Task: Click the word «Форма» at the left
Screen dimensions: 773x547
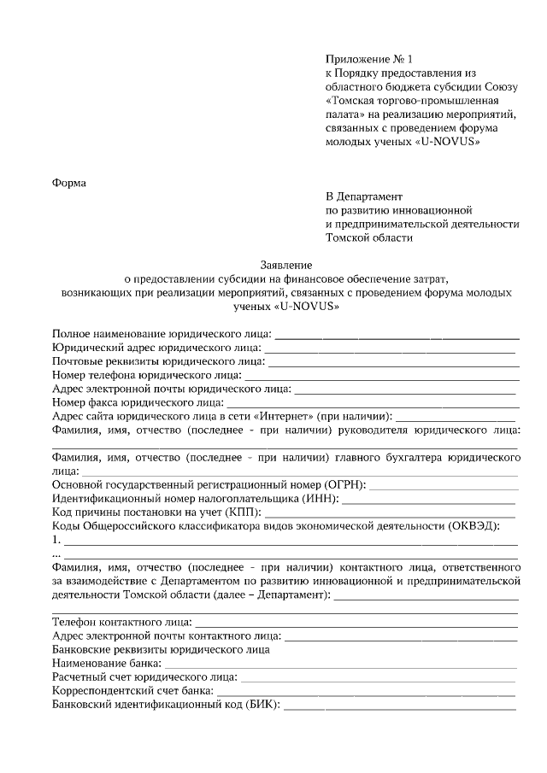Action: point(69,182)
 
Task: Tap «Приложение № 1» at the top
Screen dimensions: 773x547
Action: point(368,60)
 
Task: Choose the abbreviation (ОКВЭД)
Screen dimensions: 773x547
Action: point(471,526)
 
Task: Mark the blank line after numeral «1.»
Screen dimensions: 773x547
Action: point(291,542)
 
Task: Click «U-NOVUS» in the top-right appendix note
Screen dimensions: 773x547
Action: point(448,142)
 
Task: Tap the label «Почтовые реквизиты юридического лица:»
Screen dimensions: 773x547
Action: point(158,361)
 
